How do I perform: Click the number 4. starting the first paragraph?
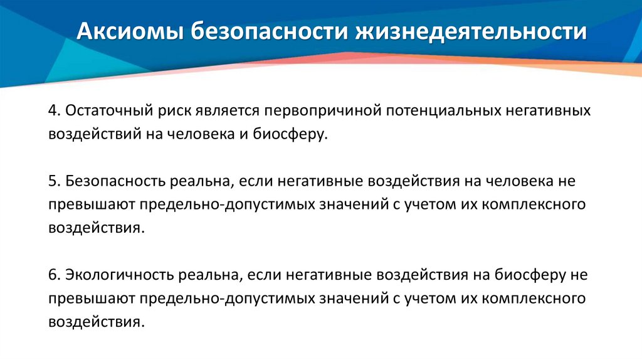click(54, 110)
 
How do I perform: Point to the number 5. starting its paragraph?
click(54, 181)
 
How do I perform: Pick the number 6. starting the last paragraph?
click(54, 275)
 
